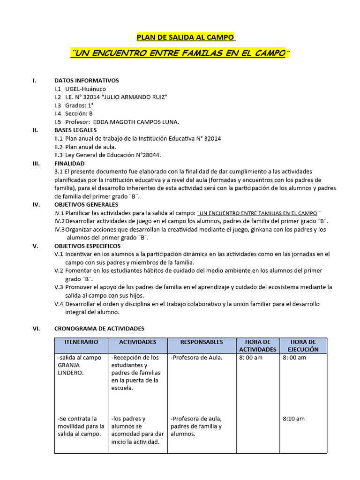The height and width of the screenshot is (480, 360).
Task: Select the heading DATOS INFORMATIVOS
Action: (x=87, y=81)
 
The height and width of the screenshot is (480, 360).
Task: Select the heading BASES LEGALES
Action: (x=75, y=130)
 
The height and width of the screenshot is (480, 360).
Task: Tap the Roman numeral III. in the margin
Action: (x=37, y=164)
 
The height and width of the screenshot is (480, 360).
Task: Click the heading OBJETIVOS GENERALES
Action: (x=86, y=204)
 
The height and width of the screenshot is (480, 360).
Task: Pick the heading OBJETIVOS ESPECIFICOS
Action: (x=87, y=246)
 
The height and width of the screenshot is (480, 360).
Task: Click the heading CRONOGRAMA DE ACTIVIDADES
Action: (x=99, y=329)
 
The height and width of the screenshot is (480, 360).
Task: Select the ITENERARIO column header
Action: (x=81, y=342)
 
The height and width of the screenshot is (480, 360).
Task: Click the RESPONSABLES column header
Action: (x=202, y=342)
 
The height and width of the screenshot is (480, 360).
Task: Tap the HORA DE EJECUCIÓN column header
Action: (x=303, y=346)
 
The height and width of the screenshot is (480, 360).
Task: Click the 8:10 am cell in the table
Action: (x=293, y=419)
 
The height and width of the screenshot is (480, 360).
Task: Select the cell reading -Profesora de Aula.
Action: (x=196, y=358)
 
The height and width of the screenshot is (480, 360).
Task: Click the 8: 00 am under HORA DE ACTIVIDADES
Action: (x=251, y=358)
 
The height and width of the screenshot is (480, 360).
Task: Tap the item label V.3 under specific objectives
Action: (x=59, y=287)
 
